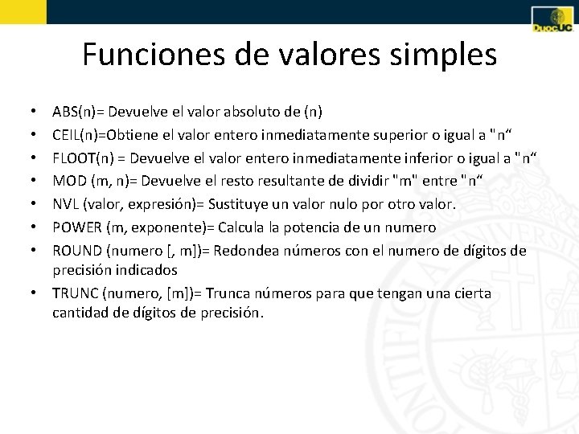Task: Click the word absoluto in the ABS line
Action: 243,112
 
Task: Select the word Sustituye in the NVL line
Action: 242,205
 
